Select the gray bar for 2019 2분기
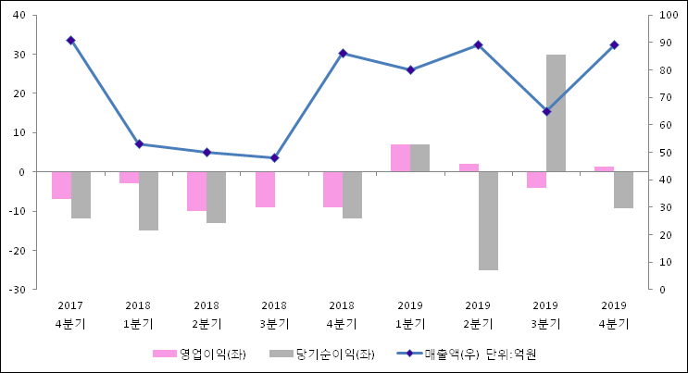488,220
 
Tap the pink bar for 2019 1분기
400,158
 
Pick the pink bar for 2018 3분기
265,189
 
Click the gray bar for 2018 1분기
148,201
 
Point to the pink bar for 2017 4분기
61,185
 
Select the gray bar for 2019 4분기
623,190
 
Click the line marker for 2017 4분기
70,41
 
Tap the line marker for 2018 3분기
274,158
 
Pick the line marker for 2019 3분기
546,112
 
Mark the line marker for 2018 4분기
343,54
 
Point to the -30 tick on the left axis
19,290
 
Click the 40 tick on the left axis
20,16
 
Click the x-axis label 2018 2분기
206,315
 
